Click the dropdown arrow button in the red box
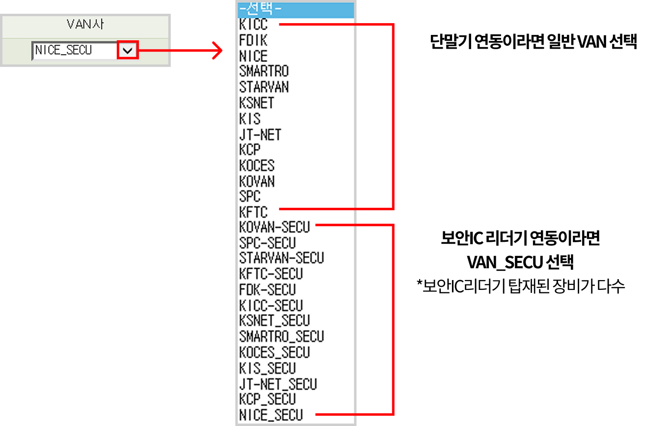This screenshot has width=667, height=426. click(x=128, y=50)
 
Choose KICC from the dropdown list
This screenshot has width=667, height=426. click(x=253, y=24)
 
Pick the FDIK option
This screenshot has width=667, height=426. click(x=253, y=40)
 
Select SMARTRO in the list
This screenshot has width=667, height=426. click(x=264, y=71)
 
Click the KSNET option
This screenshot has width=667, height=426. click(x=257, y=103)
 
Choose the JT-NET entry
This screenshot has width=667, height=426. click(x=260, y=135)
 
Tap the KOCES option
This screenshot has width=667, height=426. click(x=257, y=166)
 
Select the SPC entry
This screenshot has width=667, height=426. click(x=250, y=197)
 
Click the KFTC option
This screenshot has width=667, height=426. click(x=253, y=212)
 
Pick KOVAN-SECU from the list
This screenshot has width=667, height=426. click(x=274, y=227)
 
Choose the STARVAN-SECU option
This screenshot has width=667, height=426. click(x=282, y=258)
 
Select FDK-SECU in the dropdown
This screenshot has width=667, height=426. click(x=267, y=289)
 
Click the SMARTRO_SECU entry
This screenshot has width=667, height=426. click(x=282, y=337)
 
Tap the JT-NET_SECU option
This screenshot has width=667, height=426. click(x=278, y=384)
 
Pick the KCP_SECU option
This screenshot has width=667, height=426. click(x=267, y=399)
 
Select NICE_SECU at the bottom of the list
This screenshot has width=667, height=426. click(x=271, y=415)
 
